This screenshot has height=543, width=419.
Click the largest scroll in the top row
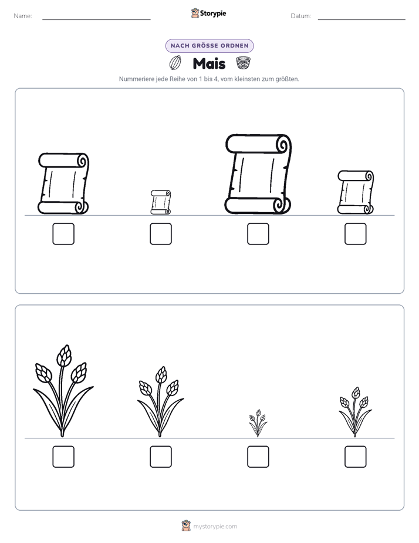tap(258, 174)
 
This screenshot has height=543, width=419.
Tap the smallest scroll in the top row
tap(161, 202)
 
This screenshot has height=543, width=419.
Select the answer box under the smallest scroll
tap(161, 234)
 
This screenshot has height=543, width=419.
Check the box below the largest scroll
tap(258, 234)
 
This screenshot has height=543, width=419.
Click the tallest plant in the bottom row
tap(63, 391)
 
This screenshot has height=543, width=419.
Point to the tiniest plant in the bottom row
tap(258, 423)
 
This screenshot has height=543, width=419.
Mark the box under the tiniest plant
tap(258, 457)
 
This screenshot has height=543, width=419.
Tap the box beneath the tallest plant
tap(63, 457)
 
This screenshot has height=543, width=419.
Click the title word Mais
tap(209, 63)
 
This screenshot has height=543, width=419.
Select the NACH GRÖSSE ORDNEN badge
tap(209, 46)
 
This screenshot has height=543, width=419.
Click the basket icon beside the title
tap(243, 63)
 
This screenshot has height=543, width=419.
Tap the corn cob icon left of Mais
tap(175, 63)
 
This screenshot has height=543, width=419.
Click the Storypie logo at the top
tap(209, 14)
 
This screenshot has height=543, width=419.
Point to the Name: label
tap(23, 16)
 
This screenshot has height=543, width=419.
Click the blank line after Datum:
tap(361, 20)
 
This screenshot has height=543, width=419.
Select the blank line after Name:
tap(96, 20)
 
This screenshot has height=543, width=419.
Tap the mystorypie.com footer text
tap(215, 527)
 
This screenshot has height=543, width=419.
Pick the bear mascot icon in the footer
tap(186, 526)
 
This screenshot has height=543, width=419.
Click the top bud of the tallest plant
tap(64, 356)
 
